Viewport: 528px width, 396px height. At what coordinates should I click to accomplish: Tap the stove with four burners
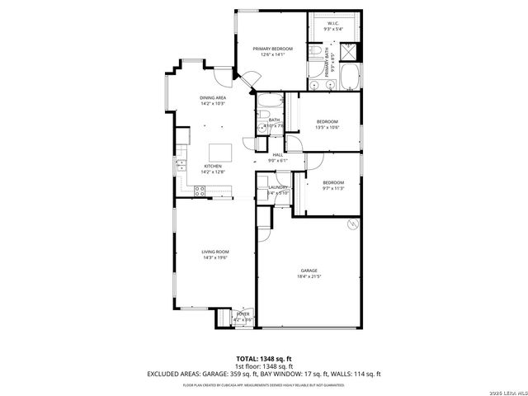click(199, 191)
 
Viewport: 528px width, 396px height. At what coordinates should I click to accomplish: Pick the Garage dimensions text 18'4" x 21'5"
click(309, 276)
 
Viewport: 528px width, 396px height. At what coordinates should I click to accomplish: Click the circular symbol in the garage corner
click(353, 224)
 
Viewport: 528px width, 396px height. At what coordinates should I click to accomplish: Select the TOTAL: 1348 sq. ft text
click(264, 359)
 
